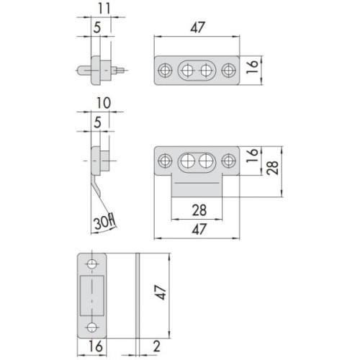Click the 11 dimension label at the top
(104, 9)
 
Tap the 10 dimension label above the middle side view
(104, 103)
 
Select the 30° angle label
(104, 222)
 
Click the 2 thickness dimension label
(156, 346)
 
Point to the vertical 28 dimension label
(273, 168)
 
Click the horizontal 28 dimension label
(199, 210)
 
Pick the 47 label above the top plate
(198, 27)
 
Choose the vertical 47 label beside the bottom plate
(160, 292)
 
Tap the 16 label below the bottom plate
(96, 346)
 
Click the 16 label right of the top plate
(252, 67)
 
